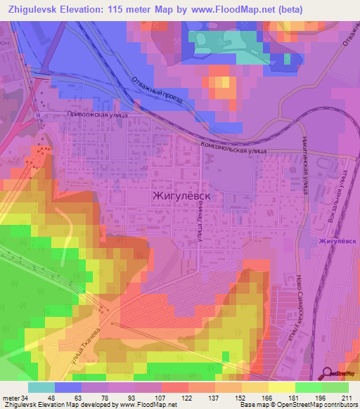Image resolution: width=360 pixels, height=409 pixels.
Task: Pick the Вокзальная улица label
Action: [338, 200]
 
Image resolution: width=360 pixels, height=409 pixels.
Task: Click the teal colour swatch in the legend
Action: [41, 387]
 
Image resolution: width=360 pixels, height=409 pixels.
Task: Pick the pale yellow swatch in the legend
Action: [282, 387]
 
